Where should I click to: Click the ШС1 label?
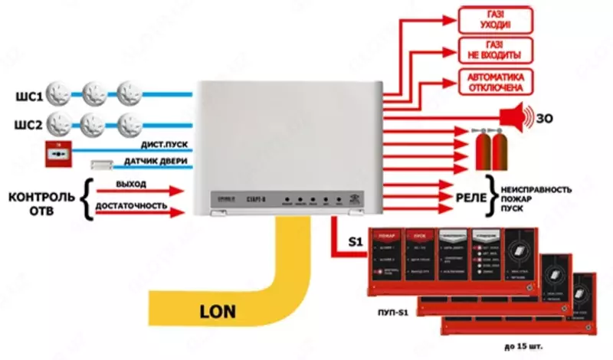pos(23,95)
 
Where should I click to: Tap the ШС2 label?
pos(23,123)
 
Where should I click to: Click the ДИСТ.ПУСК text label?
pos(160,144)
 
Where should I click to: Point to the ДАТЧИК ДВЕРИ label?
pos(152,161)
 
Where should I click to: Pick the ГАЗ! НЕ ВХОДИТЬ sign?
pos(495,51)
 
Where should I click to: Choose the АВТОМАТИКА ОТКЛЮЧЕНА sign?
pos(495,81)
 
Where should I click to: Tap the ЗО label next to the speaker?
pos(545,118)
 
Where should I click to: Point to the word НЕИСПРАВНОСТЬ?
pos(536,188)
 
